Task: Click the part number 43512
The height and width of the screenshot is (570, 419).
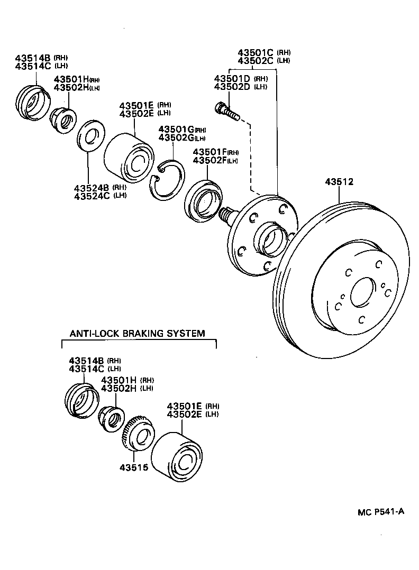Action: pos(339,182)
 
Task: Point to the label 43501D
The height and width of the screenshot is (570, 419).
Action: pos(232,78)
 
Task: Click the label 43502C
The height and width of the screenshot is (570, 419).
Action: pos(256,61)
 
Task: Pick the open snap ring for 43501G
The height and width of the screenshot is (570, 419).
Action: pos(167,180)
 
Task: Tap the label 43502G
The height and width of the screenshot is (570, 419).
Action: pos(176,138)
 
